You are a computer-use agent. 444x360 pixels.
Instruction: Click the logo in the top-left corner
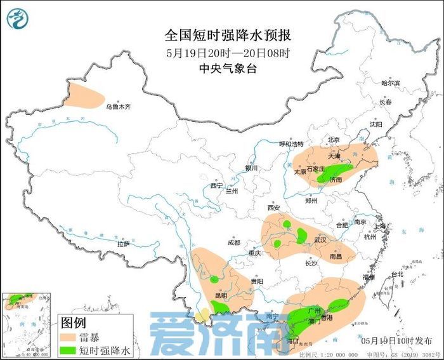pyautogui.click(x=19, y=18)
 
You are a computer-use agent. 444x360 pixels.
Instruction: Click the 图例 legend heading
pyautogui.click(x=73, y=323)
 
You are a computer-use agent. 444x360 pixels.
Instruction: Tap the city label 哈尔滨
pyautogui.click(x=390, y=83)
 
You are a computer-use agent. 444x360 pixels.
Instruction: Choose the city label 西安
pyautogui.click(x=273, y=208)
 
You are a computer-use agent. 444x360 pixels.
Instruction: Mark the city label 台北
pyautogui.click(x=396, y=274)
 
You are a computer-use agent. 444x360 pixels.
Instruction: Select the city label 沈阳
pyautogui.click(x=376, y=124)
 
